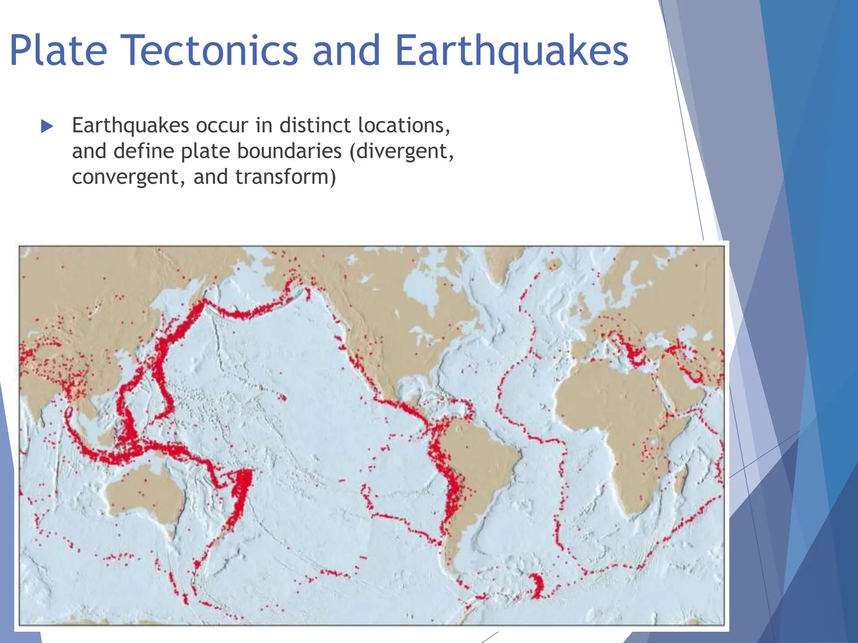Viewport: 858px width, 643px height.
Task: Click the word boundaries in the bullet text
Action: [x=289, y=151]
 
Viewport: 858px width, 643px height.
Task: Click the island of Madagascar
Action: [x=680, y=481]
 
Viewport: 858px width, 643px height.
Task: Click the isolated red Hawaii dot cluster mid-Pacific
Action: [x=282, y=397]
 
